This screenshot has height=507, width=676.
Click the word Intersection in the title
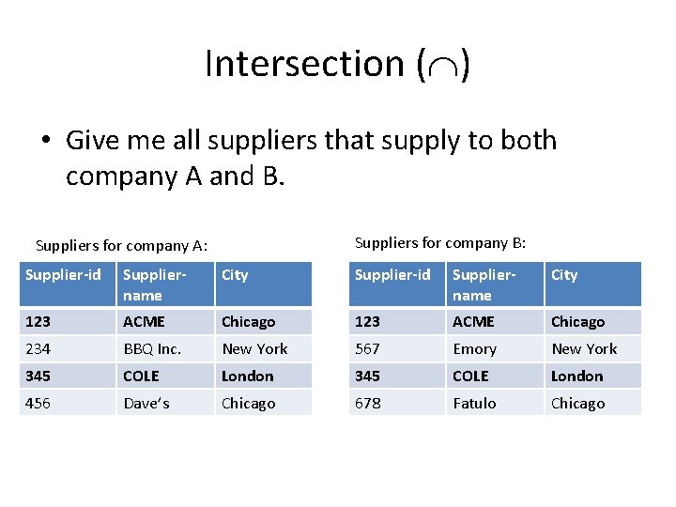[304, 64]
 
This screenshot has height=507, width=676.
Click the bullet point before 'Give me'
[46, 142]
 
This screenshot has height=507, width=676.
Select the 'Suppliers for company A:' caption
[121, 246]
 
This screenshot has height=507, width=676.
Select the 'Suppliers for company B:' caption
[440, 243]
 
